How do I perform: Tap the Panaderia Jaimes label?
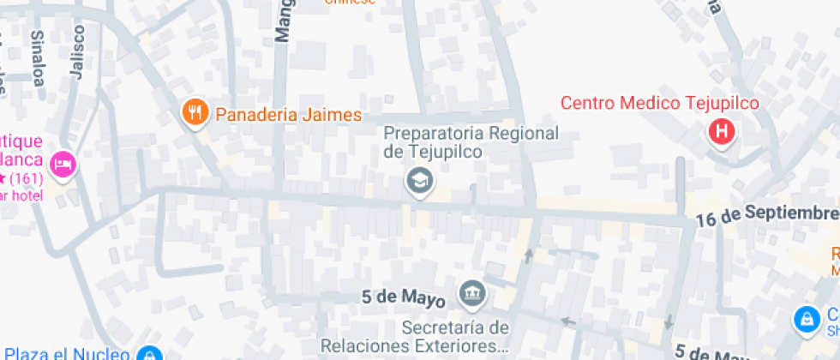pos(288,114)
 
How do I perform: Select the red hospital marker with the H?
pos(722,132)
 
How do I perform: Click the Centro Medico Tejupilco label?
pos(660,104)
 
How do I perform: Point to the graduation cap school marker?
pos(419,182)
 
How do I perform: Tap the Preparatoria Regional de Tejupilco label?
pos(471,142)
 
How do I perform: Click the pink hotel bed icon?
pos(63,163)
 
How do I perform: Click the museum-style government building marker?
pos(471,295)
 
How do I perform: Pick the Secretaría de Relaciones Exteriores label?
pos(415,337)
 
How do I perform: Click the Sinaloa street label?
pos(38,58)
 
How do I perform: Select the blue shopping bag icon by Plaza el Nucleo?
pos(149,354)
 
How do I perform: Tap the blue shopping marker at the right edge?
pos(806,320)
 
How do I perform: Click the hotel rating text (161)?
pos(30,179)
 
